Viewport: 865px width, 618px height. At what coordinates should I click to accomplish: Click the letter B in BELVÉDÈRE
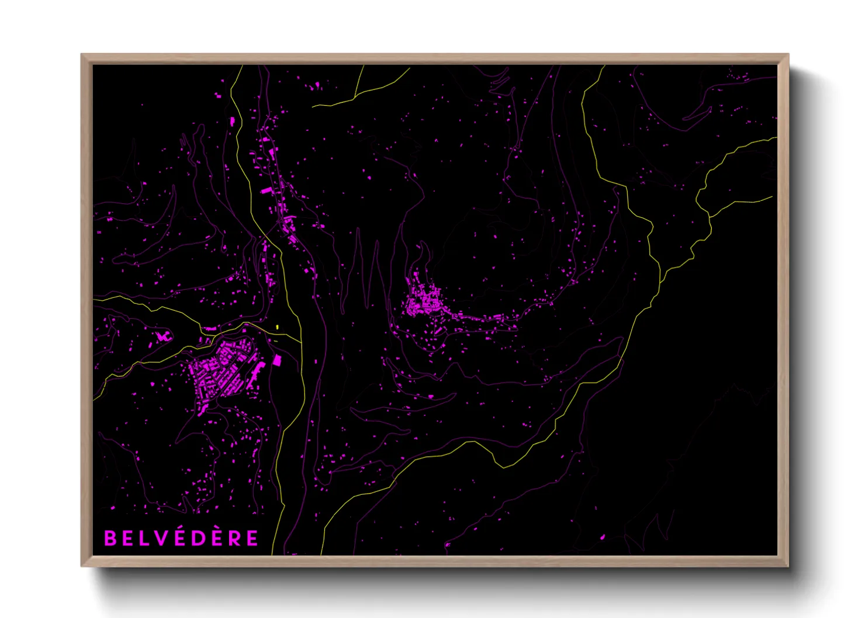pos(110,538)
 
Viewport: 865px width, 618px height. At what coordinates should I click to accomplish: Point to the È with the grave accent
pos(217,537)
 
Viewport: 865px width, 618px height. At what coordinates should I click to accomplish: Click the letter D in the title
pos(198,538)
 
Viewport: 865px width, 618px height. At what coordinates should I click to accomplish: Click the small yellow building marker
pos(278,327)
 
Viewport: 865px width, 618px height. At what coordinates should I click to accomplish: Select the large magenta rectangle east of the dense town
pos(277,360)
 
